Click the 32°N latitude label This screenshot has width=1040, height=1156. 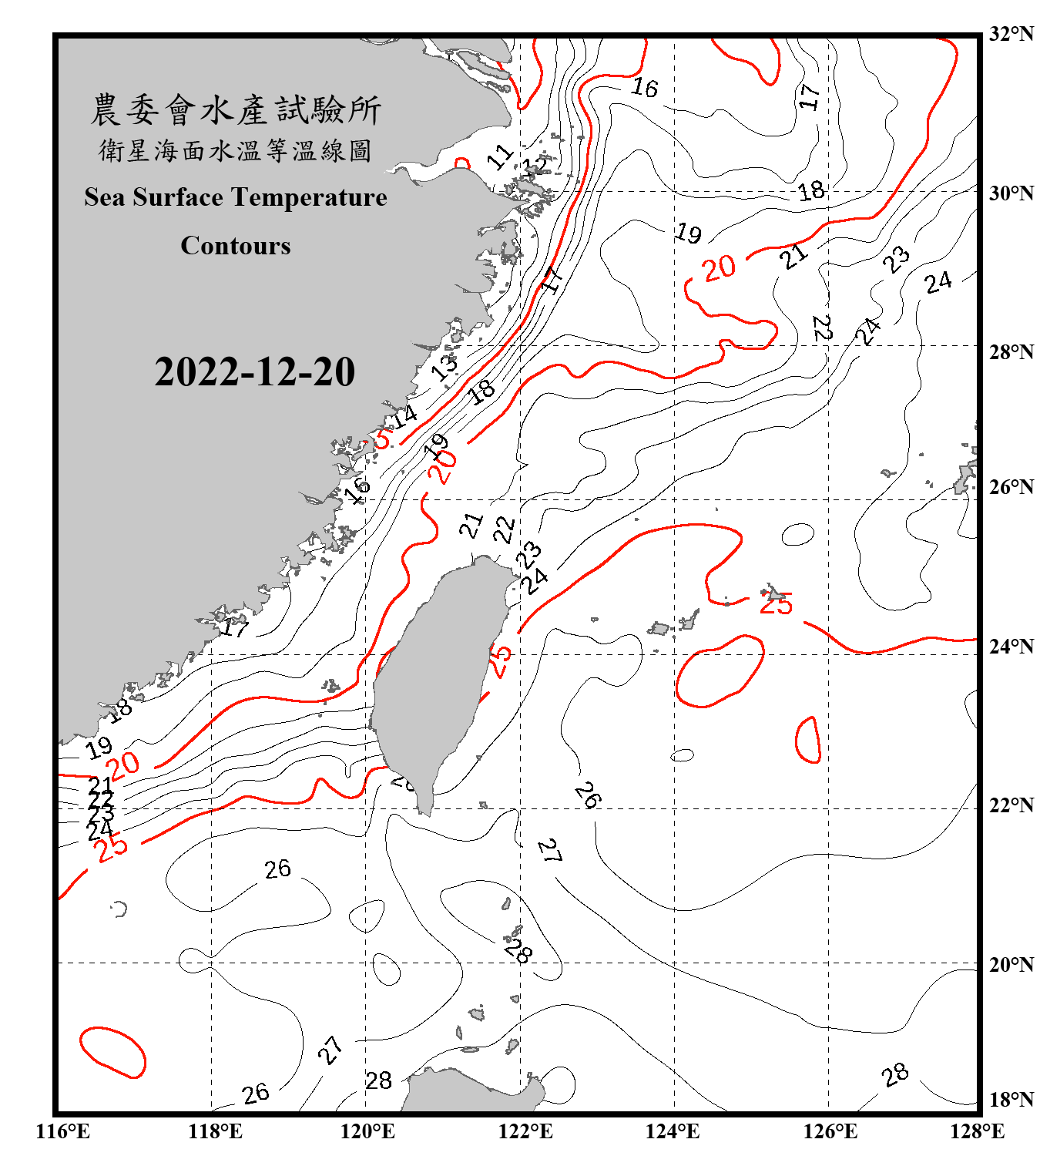1011,34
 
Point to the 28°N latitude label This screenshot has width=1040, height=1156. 1011,352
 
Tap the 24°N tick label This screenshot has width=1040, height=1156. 1011,646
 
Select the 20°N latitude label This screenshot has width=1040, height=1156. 1011,964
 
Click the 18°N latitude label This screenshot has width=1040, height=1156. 1011,1100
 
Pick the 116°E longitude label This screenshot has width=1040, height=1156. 63,1131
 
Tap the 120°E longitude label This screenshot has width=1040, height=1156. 367,1131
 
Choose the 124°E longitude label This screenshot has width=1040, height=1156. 673,1131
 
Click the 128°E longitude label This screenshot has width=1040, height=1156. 977,1131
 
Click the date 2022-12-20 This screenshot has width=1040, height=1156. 254,372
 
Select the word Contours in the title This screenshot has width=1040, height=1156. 236,246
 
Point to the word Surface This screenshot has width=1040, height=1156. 178,197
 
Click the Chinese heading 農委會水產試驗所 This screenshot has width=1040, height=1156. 236,109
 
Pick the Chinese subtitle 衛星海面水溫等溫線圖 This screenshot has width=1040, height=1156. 236,150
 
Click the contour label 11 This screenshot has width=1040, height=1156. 500,156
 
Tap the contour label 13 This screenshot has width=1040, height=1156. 445,367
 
